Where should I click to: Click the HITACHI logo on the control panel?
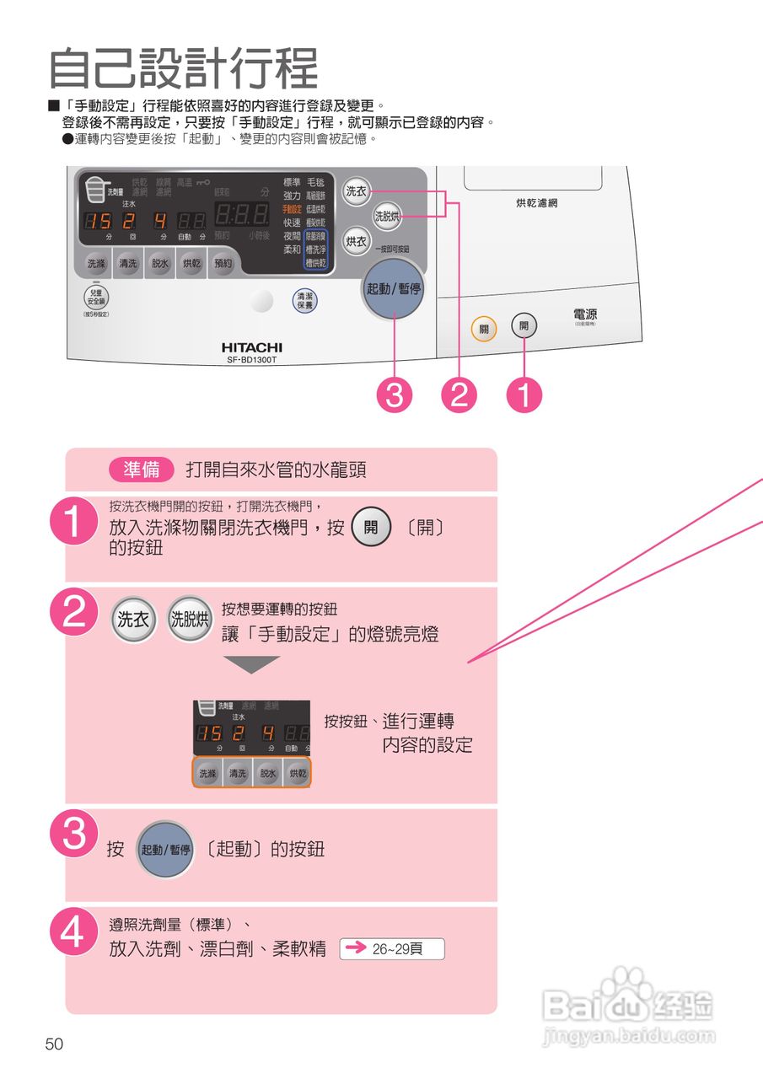tap(252, 347)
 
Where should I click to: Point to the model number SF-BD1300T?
tap(252, 360)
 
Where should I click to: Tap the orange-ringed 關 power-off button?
tap(484, 329)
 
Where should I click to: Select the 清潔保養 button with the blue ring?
tap(304, 301)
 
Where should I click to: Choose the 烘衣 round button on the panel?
tap(357, 242)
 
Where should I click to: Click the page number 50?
tap(55, 1044)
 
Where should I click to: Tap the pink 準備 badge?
tap(141, 470)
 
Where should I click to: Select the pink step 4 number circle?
tap(75, 933)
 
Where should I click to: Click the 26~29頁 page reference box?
tap(392, 949)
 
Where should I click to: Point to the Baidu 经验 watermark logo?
tap(628, 1007)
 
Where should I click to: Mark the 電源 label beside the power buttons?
tap(584, 315)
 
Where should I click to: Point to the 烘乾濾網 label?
tap(536, 203)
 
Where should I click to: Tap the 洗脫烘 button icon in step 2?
tap(190, 620)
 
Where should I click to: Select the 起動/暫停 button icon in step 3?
tap(166, 850)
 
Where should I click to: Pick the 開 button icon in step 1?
tap(371, 529)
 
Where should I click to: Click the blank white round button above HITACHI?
tap(262, 301)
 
